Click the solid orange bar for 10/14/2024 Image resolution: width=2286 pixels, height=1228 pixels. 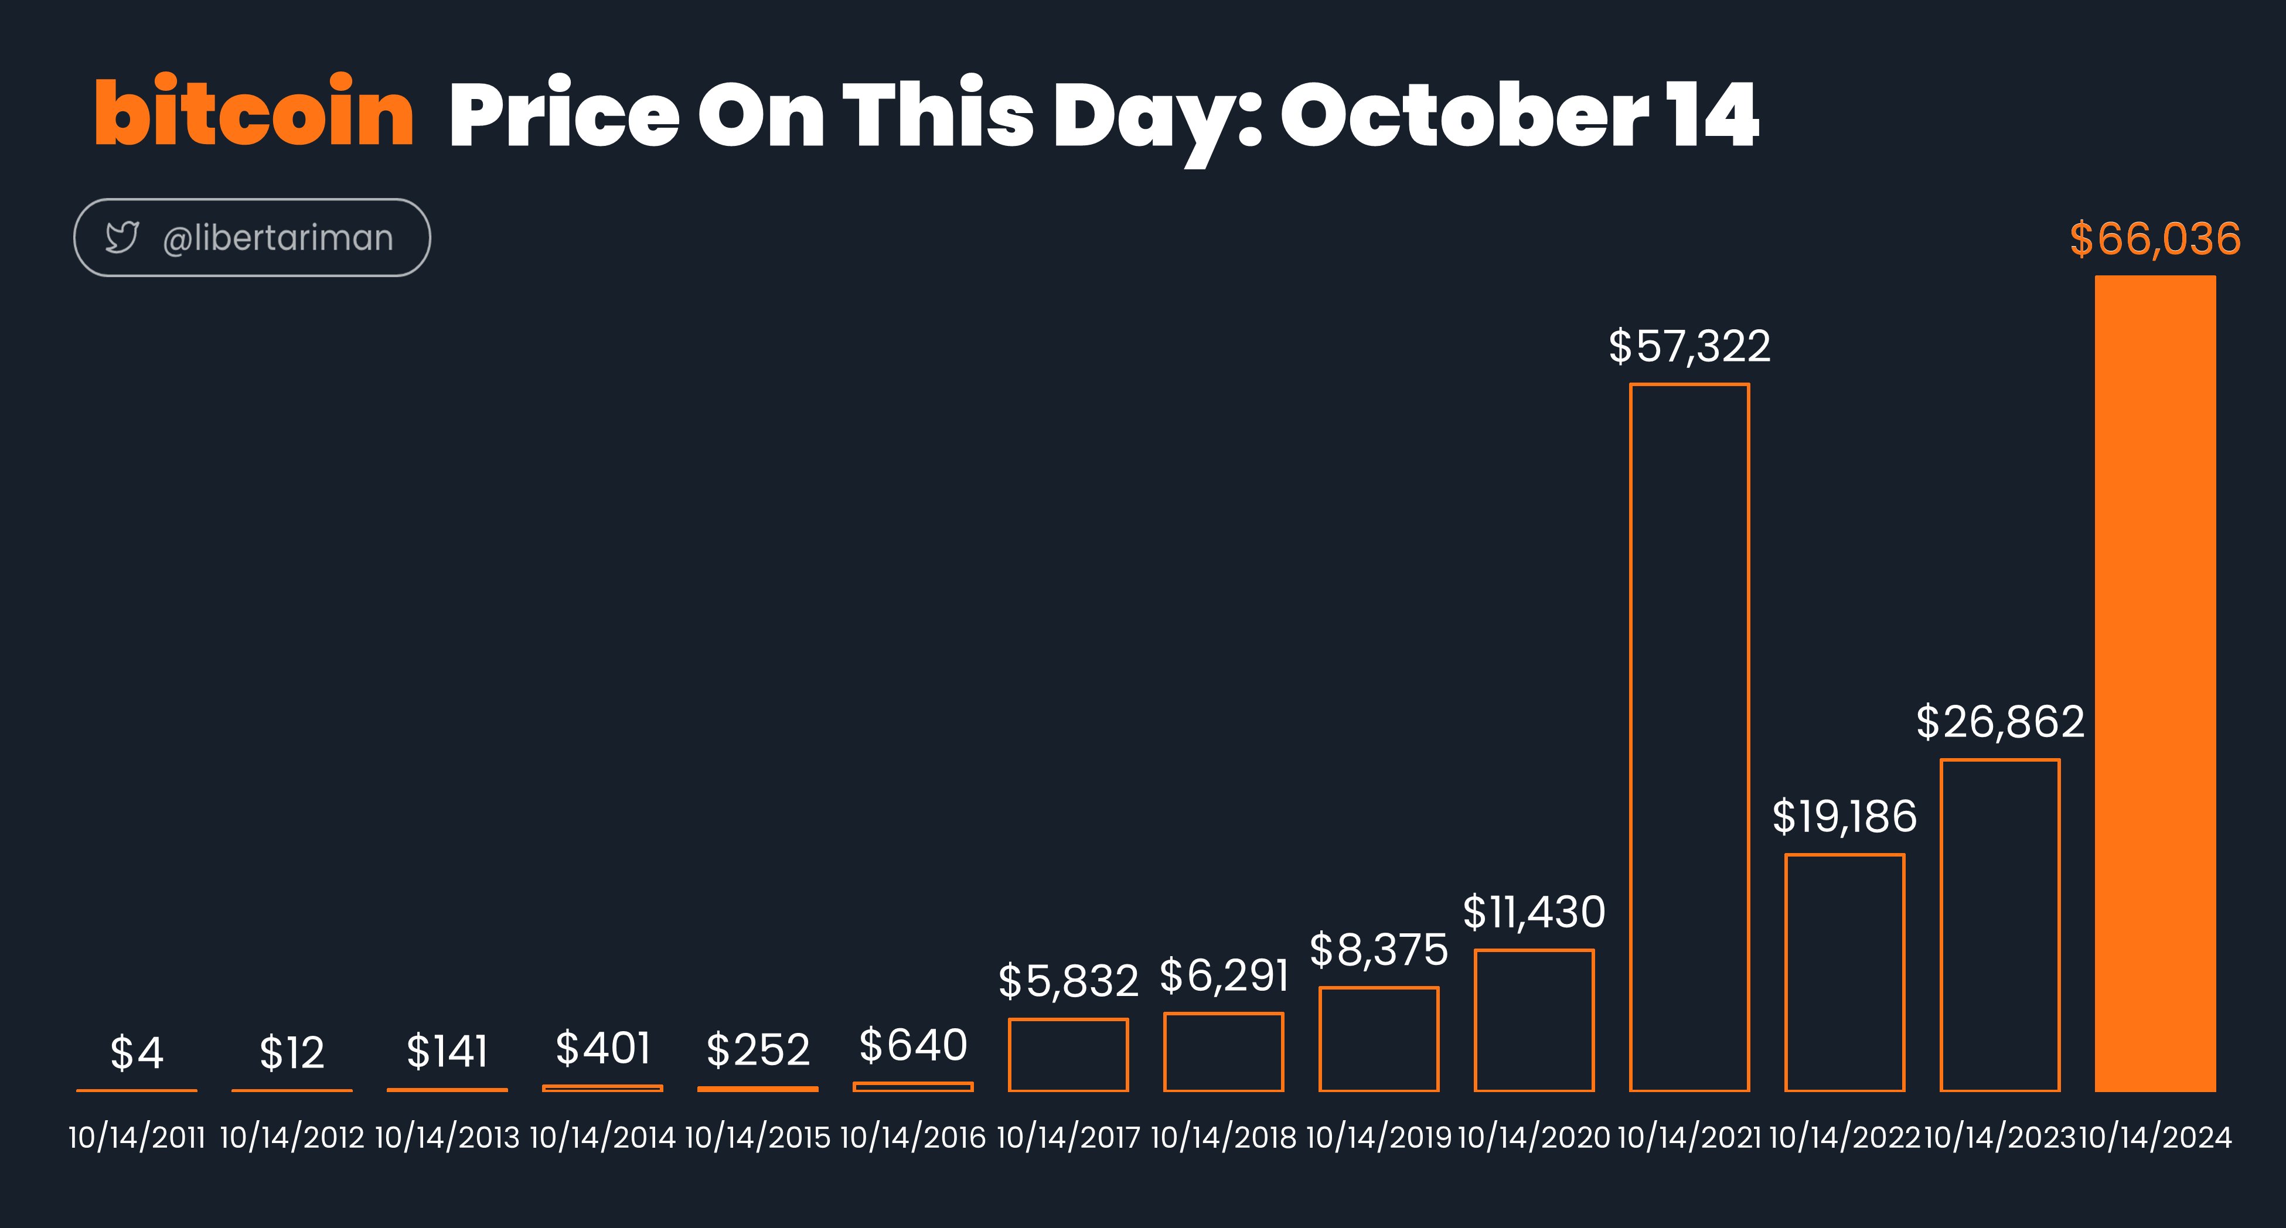[x=2155, y=683]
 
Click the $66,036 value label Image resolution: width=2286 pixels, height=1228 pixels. [x=2155, y=238]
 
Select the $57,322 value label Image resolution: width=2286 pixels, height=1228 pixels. [x=1689, y=346]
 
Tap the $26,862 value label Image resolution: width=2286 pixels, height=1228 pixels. [x=2000, y=721]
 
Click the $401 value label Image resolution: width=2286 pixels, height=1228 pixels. [x=602, y=1048]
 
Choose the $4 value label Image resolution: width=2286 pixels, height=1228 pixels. [x=137, y=1053]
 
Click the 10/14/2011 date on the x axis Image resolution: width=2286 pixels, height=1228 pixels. [x=137, y=1138]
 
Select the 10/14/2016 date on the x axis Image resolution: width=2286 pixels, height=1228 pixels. [x=913, y=1138]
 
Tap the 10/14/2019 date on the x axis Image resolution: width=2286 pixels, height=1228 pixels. [x=1379, y=1138]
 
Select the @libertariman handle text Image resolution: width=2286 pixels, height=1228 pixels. [x=278, y=238]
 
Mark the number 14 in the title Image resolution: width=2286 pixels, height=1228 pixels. [x=1713, y=114]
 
